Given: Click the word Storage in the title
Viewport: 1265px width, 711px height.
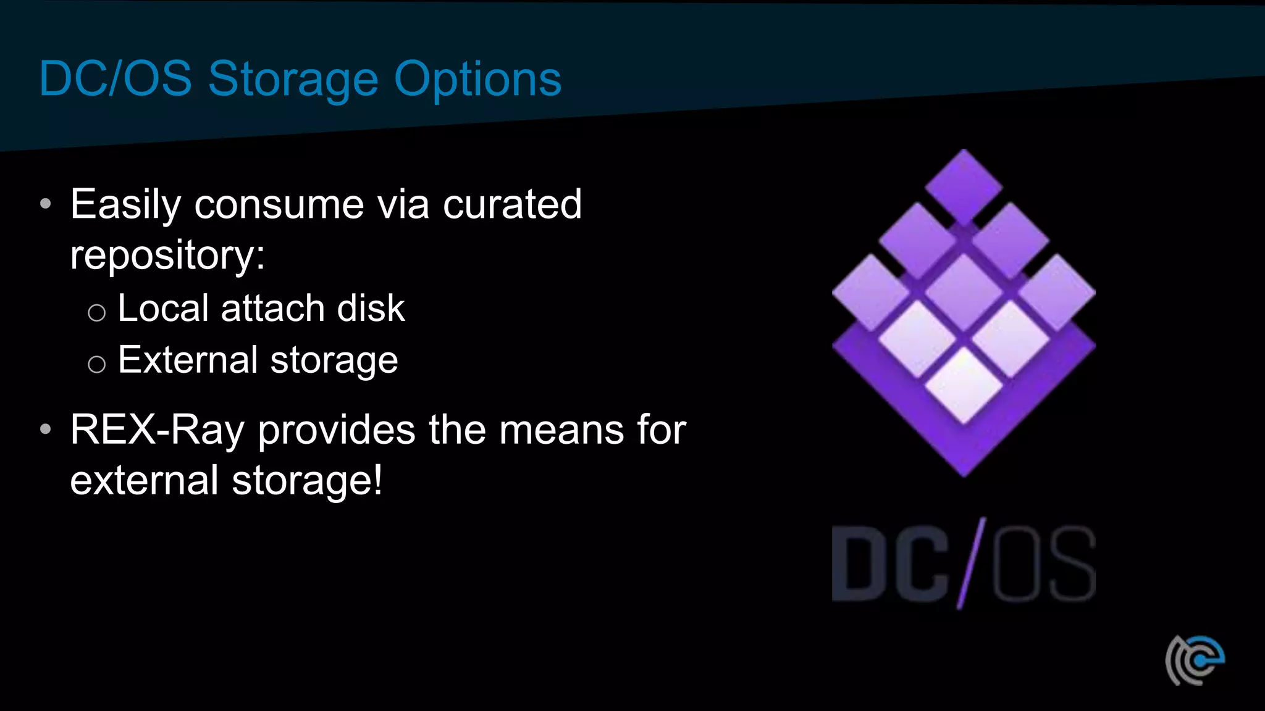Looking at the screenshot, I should point(293,80).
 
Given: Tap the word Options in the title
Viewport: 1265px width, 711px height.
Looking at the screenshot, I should point(477,80).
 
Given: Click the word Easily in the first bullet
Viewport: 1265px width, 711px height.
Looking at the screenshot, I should point(125,205).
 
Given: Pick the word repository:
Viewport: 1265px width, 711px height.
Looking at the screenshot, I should point(167,256).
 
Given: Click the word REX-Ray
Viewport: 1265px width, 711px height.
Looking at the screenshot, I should point(158,430).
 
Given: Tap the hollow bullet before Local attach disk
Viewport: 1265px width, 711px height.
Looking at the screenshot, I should point(96,312).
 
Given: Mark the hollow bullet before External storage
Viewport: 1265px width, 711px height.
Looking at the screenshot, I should point(96,364).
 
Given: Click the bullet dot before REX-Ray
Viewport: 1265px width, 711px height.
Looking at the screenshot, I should point(45,429).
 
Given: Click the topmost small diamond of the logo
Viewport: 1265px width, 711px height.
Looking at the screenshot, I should point(964,187).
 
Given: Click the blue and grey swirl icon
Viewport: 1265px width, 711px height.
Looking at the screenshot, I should point(1195,660).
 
